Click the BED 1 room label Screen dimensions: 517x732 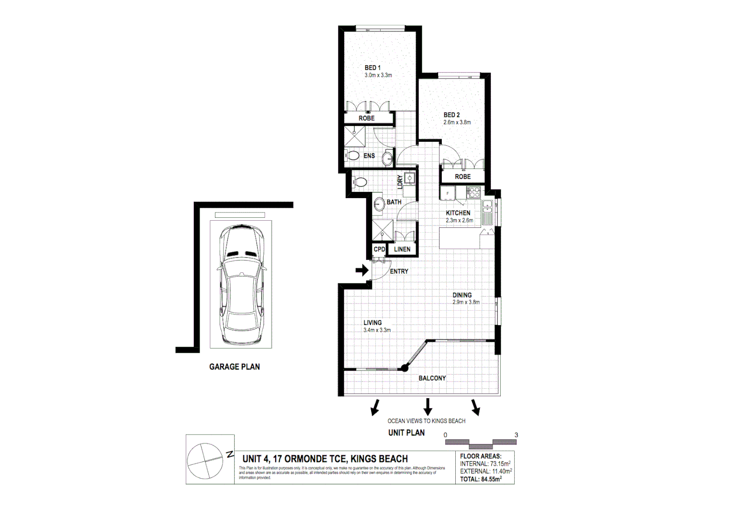(x=372, y=67)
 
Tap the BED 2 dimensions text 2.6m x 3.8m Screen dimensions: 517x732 (x=457, y=123)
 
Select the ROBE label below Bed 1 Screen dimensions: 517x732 (x=367, y=118)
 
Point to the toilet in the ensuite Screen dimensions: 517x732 (x=353, y=156)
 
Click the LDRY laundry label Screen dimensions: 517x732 (x=400, y=182)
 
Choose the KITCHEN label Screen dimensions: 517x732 (x=458, y=213)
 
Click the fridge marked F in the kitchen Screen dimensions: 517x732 (x=448, y=193)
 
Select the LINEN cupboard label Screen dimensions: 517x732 (x=402, y=249)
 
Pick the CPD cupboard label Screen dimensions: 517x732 (x=379, y=249)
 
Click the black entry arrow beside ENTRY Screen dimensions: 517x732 (x=362, y=270)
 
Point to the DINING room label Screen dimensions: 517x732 (x=462, y=295)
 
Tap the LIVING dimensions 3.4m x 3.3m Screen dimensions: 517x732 (x=377, y=330)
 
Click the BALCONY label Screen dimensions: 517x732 (x=432, y=378)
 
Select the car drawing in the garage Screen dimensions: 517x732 (x=241, y=284)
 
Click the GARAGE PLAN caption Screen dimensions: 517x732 (x=235, y=367)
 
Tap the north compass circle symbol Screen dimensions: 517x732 (x=205, y=461)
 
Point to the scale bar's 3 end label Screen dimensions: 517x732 (x=516, y=435)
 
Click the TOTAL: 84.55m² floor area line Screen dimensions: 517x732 (x=481, y=479)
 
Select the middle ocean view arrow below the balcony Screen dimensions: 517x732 (x=428, y=407)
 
